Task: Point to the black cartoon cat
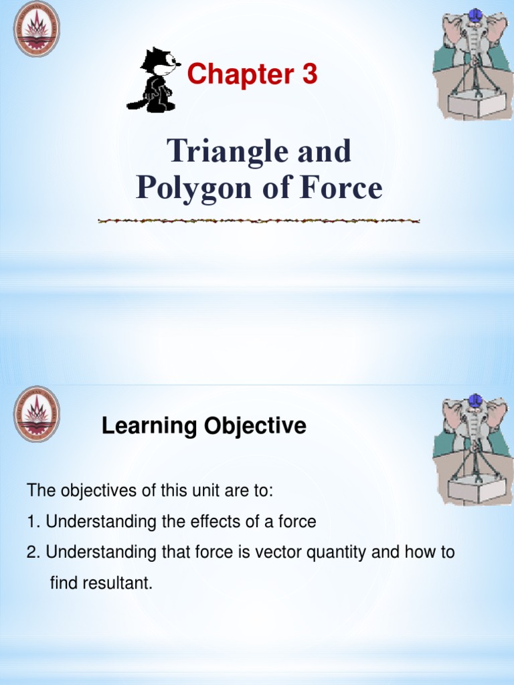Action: [x=155, y=80]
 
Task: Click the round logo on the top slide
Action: [x=37, y=29]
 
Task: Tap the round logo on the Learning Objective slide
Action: [x=37, y=413]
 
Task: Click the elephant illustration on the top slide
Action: [x=473, y=63]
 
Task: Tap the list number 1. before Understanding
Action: [x=33, y=522]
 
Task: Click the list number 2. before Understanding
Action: [x=33, y=553]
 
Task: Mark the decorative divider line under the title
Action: [x=258, y=221]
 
